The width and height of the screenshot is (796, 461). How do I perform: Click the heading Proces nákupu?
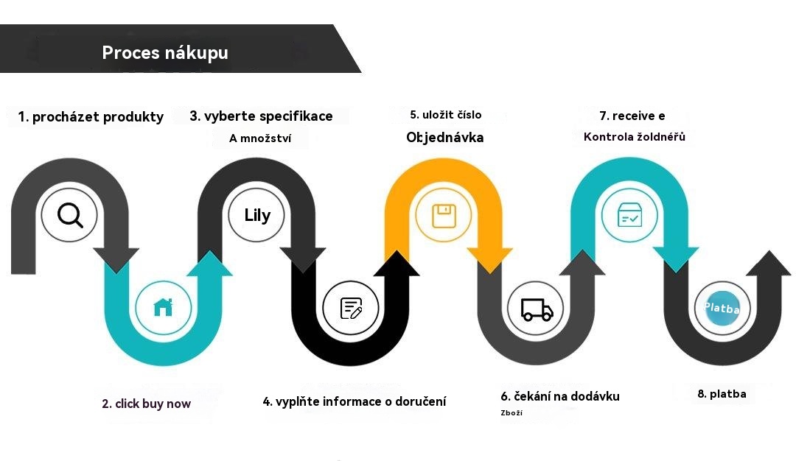pos(165,53)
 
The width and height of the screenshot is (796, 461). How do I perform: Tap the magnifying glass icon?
pos(70,215)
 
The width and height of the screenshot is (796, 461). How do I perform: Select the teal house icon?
pos(163,307)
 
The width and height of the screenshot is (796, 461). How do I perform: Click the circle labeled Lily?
pos(257,215)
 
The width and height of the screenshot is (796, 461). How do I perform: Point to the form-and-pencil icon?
pos(351,308)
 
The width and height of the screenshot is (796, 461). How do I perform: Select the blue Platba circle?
pos(722,308)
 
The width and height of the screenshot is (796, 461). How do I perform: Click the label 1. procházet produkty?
pos(91,116)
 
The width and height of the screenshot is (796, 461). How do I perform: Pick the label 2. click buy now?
pos(146,404)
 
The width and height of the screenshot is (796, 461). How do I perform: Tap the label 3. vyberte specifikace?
pos(261,116)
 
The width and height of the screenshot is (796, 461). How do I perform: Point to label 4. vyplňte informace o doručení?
pos(355,401)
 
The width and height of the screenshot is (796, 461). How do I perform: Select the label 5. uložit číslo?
pos(446,115)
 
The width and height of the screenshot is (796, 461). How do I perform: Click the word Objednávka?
pos(445,137)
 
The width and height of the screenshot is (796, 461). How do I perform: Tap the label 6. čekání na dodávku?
pos(560,396)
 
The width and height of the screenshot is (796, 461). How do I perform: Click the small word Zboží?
pos(512,413)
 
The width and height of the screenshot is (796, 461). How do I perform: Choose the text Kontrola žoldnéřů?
pos(635,136)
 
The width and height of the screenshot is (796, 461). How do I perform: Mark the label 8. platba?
pos(722,394)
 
